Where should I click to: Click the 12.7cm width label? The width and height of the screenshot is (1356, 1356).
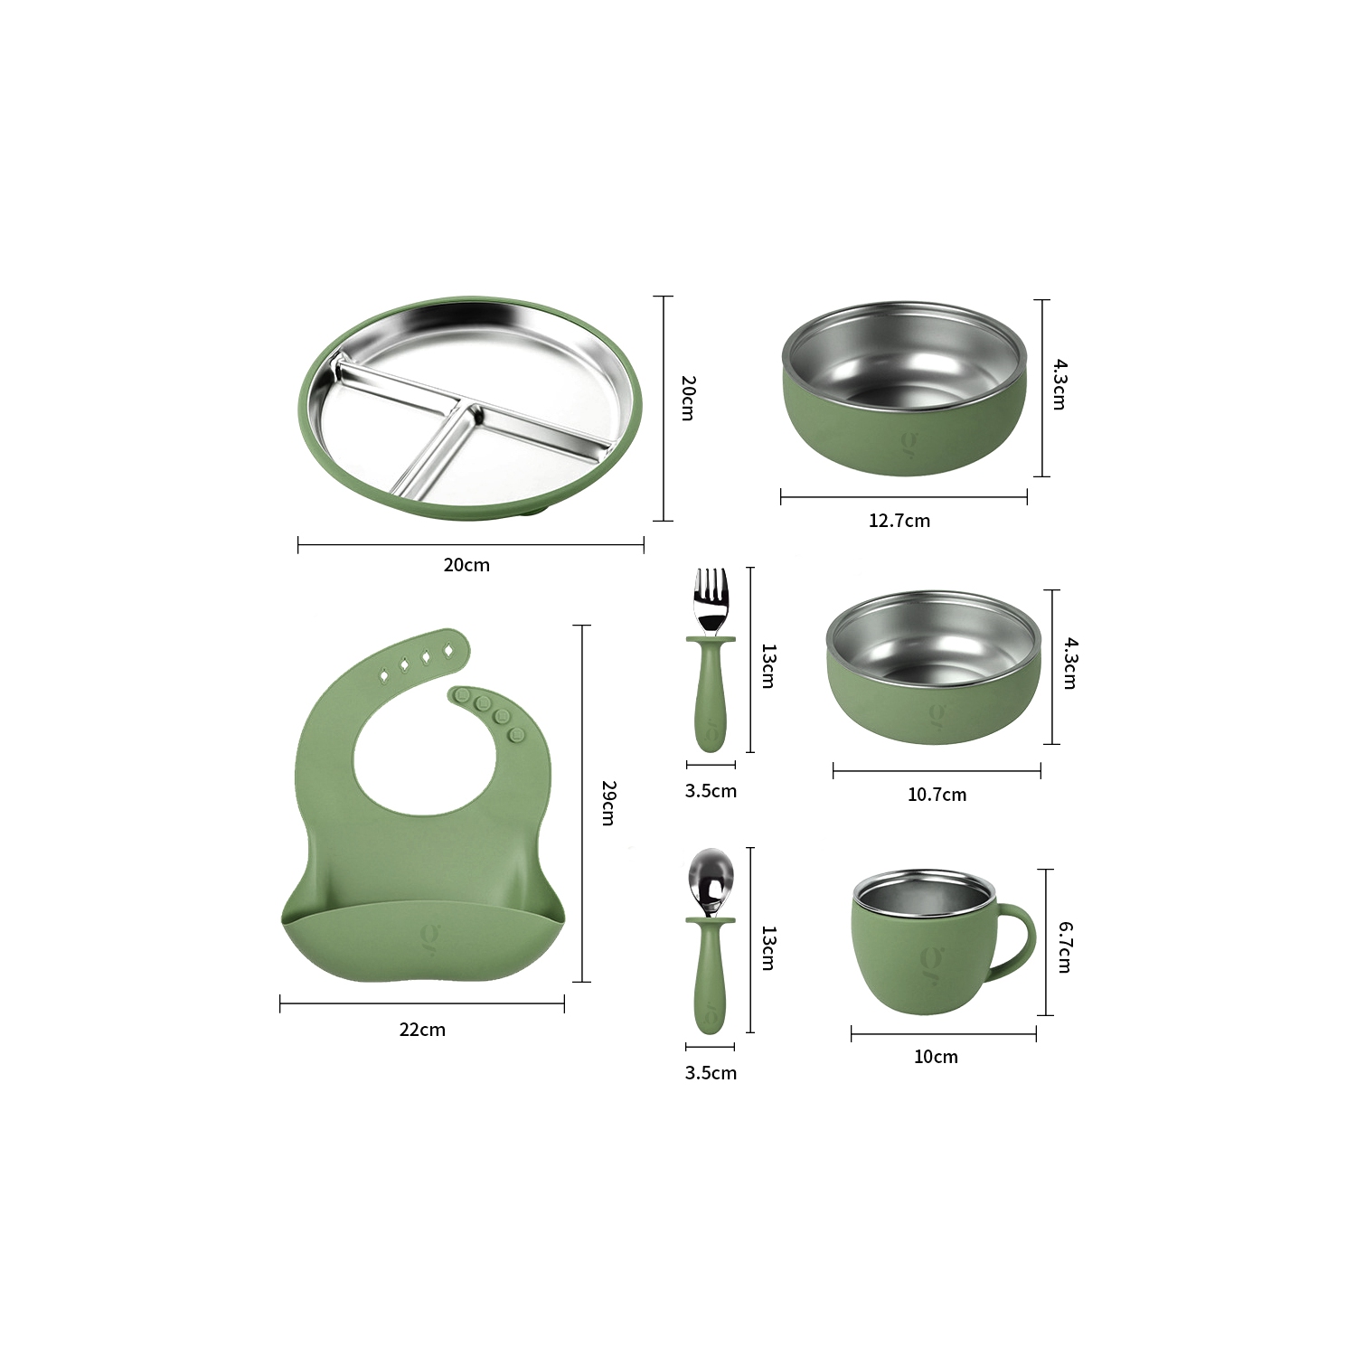coord(899,521)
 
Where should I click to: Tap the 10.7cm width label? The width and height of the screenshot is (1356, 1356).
coord(937,795)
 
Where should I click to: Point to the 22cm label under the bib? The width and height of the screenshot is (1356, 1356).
coord(422,1030)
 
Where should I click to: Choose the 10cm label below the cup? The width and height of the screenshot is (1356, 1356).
coord(936,1057)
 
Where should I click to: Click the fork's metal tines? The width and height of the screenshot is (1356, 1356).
coord(711,597)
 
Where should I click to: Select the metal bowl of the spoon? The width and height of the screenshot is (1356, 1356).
coord(711,880)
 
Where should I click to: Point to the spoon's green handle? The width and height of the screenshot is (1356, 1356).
coord(710,985)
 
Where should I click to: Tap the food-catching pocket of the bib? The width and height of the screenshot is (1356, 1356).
coord(423,945)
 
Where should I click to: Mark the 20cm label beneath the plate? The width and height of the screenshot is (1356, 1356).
coord(466,565)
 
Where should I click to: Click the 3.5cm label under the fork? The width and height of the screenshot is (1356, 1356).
coord(711,791)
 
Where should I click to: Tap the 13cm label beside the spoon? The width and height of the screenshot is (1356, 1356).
coord(767,947)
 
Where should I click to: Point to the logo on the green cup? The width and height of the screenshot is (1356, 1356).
coord(928,958)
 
